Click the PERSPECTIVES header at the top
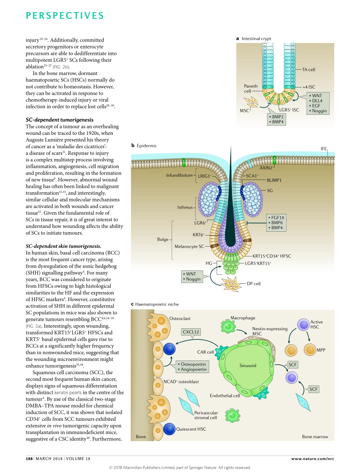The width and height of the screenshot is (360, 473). coord(65,16)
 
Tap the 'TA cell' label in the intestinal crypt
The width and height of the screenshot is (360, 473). coord(308,70)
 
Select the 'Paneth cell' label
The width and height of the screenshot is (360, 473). coord(250,88)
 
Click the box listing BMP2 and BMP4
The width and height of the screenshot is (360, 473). coord(277,119)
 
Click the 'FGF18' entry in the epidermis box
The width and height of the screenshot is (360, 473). coord(277,217)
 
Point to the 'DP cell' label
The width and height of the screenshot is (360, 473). coord(254,283)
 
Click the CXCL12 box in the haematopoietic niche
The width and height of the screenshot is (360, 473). coord(191,332)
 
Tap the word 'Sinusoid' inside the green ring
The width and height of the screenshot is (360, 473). coord(248,365)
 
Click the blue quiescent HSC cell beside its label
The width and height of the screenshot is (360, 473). coord(169,429)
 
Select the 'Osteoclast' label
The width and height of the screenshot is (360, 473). coord(180,318)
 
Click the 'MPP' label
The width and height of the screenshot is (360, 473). coord(321,350)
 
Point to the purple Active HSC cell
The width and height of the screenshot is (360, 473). coord(303,324)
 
